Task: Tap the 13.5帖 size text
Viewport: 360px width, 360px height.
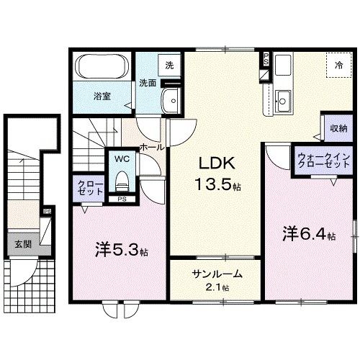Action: [x=217, y=185]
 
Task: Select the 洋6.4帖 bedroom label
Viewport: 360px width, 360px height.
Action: [x=308, y=234]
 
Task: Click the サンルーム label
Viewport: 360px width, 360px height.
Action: [x=217, y=274]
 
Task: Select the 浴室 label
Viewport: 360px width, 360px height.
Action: [x=101, y=95]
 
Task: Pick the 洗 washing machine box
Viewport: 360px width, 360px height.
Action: [x=169, y=66]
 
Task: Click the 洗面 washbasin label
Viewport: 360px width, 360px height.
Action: [x=148, y=83]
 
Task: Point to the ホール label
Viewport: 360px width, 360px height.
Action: [x=151, y=146]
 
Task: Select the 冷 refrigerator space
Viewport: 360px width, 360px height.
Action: [x=338, y=66]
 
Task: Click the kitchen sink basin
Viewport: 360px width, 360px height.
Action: [x=283, y=102]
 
